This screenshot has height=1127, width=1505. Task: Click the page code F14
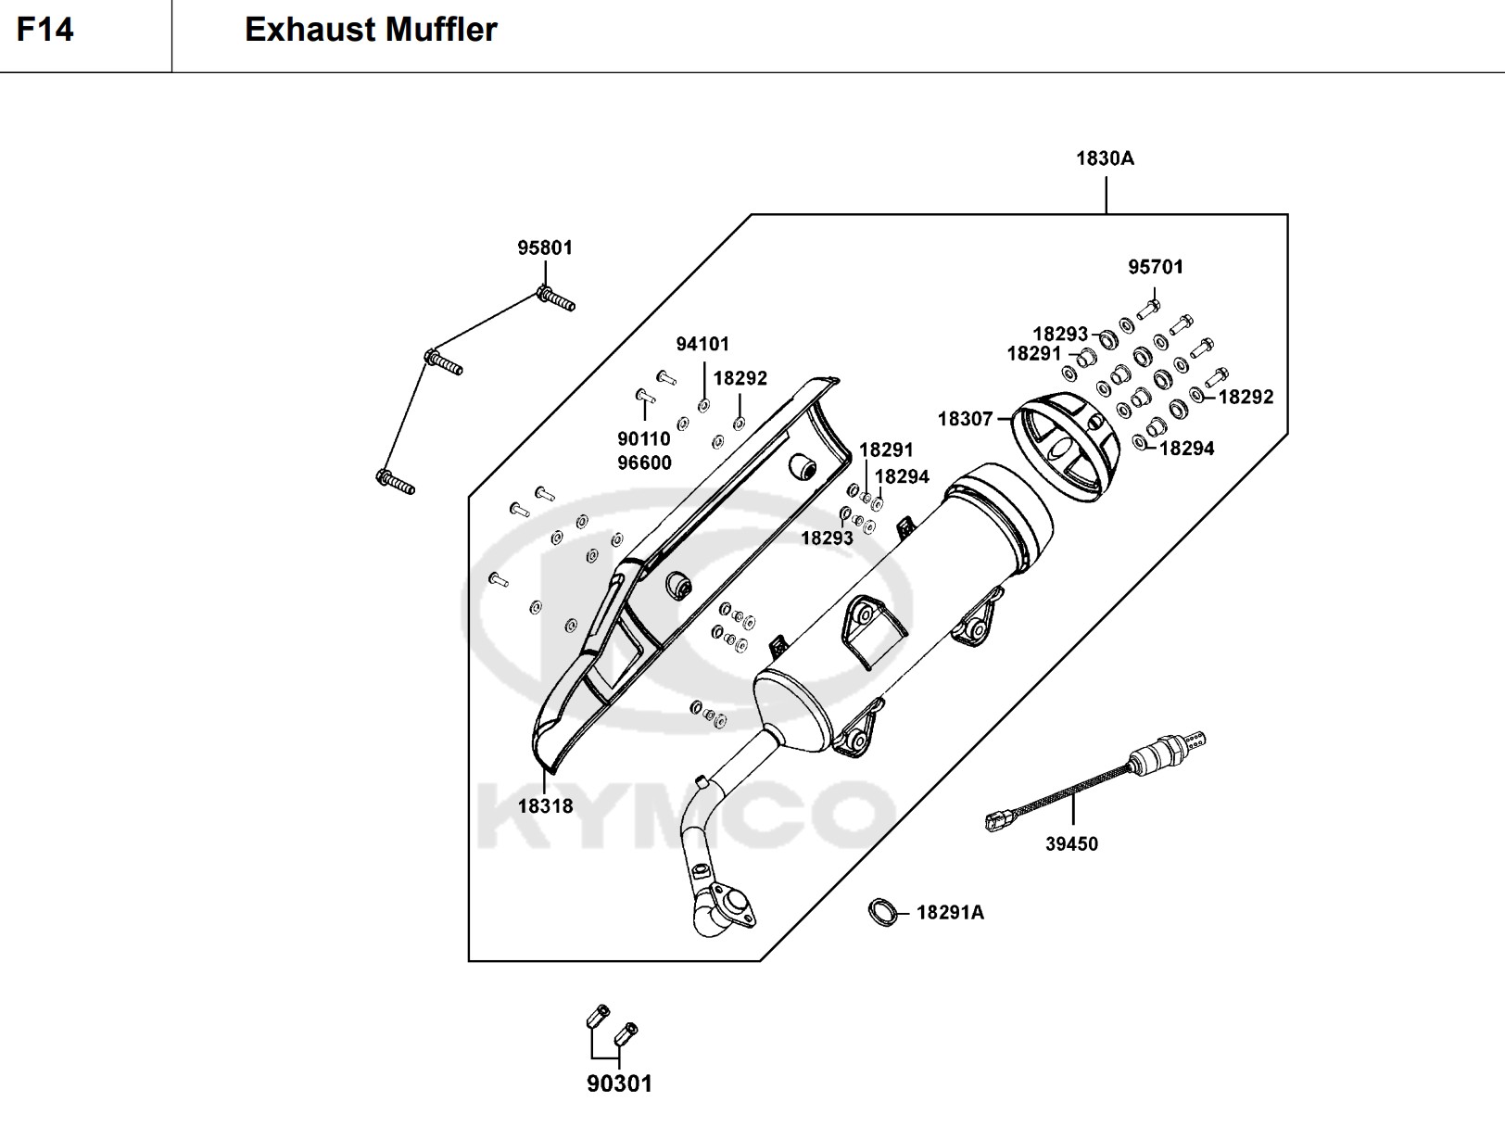coord(44,30)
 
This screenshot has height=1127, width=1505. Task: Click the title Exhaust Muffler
coord(371,30)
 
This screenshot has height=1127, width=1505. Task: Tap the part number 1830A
coord(1105,158)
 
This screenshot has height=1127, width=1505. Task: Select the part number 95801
coord(545,248)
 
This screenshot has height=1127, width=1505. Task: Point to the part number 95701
coord(1156,267)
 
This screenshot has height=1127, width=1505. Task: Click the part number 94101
coord(702,345)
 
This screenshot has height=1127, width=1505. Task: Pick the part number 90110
coord(644,439)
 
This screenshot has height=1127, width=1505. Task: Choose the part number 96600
coord(644,462)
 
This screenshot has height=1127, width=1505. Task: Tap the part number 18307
coord(965,419)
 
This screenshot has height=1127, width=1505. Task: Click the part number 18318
coord(545,806)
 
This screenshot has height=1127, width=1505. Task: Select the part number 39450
coord(1071,844)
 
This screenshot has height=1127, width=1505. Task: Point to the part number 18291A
coord(950,913)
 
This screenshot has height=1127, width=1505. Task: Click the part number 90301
coord(619,1083)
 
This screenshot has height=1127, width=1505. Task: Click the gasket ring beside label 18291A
coord(883,912)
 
